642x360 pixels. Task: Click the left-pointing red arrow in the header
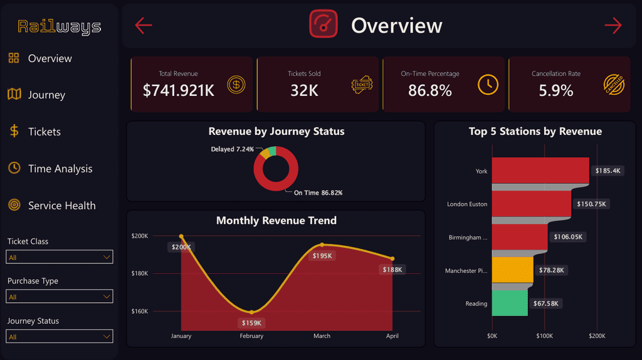[144, 25]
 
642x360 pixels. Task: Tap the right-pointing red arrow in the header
[613, 25]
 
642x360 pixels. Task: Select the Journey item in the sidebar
[46, 95]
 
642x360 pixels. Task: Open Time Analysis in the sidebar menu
[60, 168]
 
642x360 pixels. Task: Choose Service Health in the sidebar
[61, 205]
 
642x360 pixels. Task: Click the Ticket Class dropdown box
[60, 257]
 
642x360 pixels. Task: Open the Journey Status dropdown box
[60, 336]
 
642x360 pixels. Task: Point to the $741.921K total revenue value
[179, 90]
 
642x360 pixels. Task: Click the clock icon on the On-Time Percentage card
[488, 85]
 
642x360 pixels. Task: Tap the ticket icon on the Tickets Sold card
[362, 85]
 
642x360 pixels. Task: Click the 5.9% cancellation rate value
[555, 90]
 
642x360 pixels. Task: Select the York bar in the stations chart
[540, 170]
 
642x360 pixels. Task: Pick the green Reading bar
[510, 303]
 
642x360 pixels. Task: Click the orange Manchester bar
[513, 270]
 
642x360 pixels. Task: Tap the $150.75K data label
[591, 204]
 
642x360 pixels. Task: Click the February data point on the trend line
[251, 312]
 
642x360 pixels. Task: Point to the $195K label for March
[322, 256]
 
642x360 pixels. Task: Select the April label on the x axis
[392, 336]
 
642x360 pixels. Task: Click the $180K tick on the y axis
[140, 273]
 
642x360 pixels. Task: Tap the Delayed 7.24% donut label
[232, 149]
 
